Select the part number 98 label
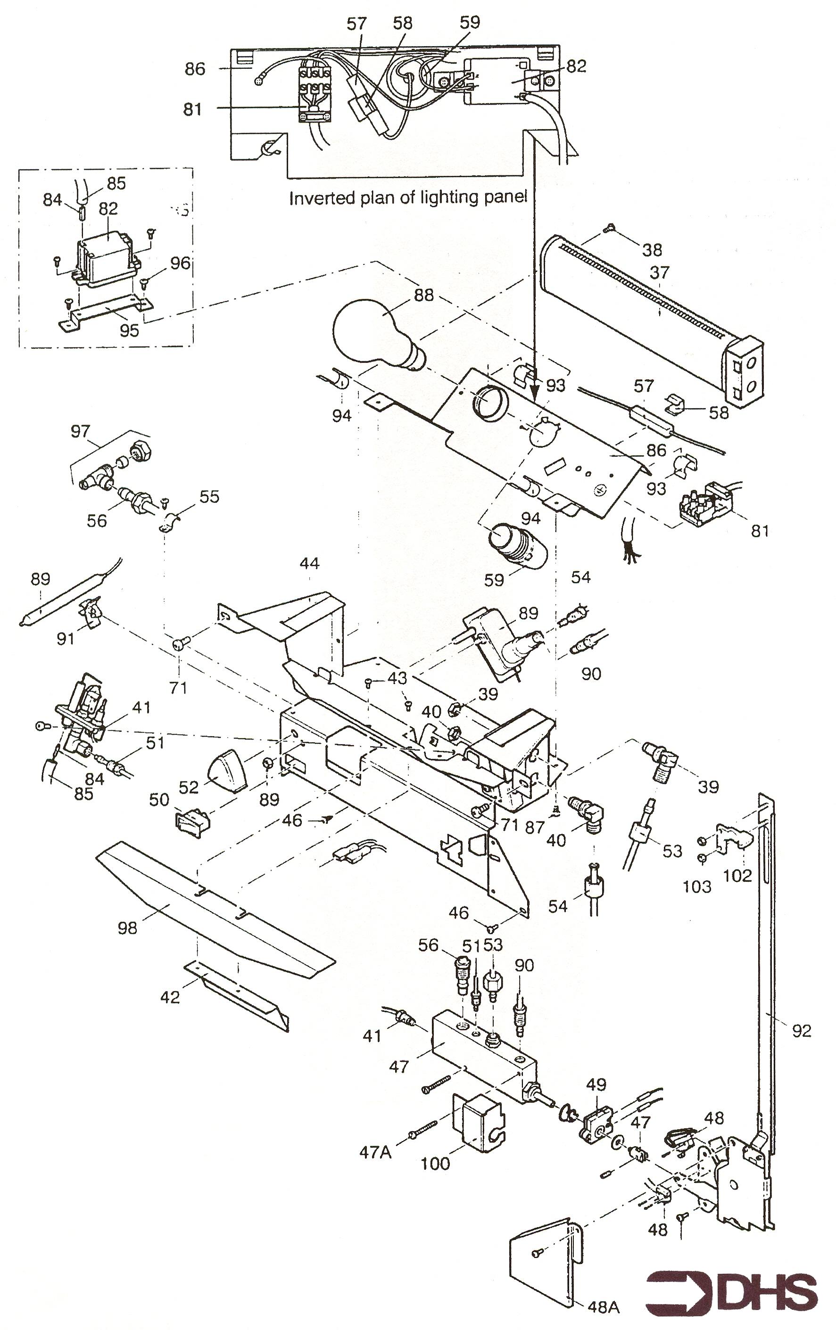127,928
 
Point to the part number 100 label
435,1163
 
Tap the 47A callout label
375,1151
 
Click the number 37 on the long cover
660,272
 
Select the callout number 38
652,250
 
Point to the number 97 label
80,431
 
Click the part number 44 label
309,563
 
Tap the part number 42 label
170,997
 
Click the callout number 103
697,887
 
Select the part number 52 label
189,787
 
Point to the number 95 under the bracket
130,330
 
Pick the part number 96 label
180,263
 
